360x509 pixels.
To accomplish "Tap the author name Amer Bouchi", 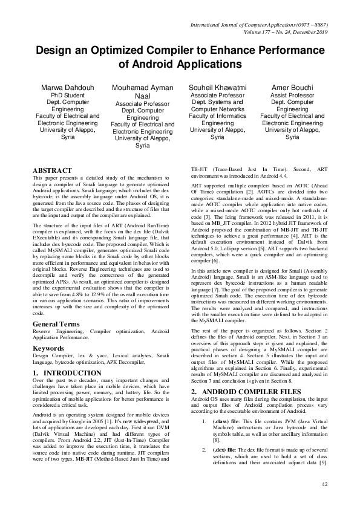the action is [292, 88].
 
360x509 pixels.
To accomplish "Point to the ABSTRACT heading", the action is [52, 171].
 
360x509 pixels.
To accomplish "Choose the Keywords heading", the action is [49, 349].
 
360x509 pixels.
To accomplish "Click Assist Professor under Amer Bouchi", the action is [292, 96].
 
